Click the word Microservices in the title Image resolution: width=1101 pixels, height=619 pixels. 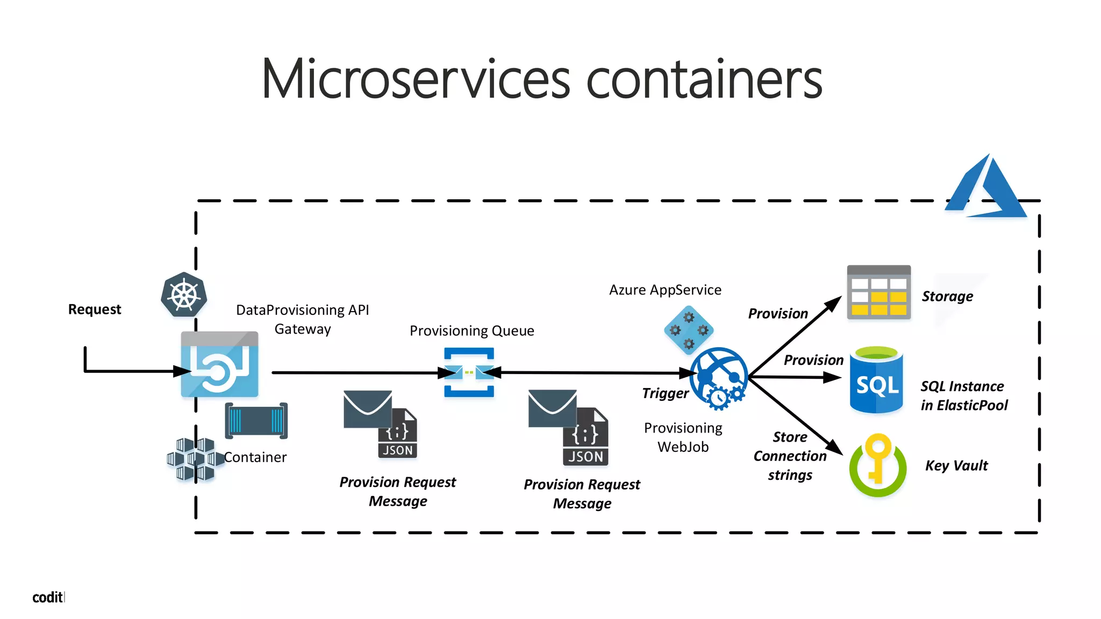coord(415,80)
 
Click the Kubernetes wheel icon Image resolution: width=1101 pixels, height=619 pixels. coord(184,295)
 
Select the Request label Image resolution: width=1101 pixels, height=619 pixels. coord(95,309)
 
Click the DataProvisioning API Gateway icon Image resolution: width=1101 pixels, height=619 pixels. coord(219,365)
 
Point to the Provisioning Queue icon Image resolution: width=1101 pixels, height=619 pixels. coord(469,372)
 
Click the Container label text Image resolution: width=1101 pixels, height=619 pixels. coord(255,457)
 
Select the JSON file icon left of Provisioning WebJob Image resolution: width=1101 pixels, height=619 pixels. coord(585,437)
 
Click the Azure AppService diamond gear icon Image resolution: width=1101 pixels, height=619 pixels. coord(689,330)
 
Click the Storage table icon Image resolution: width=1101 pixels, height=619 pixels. coord(878,292)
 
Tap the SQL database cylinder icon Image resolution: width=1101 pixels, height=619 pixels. coord(876,380)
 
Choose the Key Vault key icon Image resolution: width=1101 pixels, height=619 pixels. coord(877,465)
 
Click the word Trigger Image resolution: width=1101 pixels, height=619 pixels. coord(665,393)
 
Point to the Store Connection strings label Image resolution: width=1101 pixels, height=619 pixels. coord(790,456)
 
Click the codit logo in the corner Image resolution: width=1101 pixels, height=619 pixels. coord(48,598)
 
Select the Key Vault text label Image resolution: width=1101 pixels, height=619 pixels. coord(956,465)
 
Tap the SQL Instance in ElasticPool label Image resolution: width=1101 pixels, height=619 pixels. coord(964,396)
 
